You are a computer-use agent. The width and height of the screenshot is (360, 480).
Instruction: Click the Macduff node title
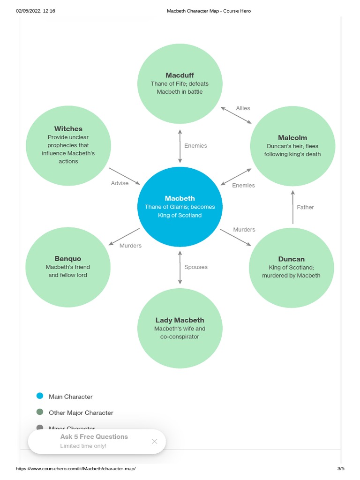pyautogui.click(x=180, y=75)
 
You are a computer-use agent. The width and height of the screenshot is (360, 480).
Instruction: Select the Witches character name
pyautogui.click(x=68, y=128)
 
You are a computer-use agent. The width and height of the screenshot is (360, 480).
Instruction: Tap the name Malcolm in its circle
pyautogui.click(x=292, y=137)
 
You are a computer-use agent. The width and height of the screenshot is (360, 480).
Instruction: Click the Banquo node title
pyautogui.click(x=67, y=258)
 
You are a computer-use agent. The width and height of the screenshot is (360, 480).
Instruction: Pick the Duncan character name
pyautogui.click(x=291, y=259)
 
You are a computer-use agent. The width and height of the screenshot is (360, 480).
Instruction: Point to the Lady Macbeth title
pyautogui.click(x=180, y=320)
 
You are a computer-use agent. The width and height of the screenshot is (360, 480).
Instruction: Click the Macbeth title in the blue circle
pyautogui.click(x=180, y=198)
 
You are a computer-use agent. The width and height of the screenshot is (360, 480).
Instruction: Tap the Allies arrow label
pyautogui.click(x=243, y=108)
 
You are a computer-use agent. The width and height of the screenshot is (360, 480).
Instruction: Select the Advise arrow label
pyautogui.click(x=120, y=183)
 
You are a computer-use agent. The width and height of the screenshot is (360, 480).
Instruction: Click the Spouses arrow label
pyautogui.click(x=196, y=267)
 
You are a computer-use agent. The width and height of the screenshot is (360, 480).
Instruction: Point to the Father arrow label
pyautogui.click(x=305, y=207)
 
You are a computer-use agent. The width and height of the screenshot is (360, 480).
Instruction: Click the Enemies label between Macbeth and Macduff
pyautogui.click(x=195, y=146)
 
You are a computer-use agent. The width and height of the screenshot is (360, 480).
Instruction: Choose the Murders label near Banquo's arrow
pyautogui.click(x=130, y=246)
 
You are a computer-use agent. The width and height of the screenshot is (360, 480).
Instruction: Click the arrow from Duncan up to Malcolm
pyautogui.click(x=293, y=207)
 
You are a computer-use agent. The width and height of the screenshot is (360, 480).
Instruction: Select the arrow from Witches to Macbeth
pyautogui.click(x=124, y=176)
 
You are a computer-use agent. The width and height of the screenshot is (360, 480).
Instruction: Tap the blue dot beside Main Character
pyautogui.click(x=40, y=396)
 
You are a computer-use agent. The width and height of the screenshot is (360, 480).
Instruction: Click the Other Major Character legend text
pyautogui.click(x=81, y=413)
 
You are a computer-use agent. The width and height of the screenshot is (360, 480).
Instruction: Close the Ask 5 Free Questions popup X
pyautogui.click(x=155, y=441)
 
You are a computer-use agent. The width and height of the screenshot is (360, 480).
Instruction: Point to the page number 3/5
pyautogui.click(x=340, y=469)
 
